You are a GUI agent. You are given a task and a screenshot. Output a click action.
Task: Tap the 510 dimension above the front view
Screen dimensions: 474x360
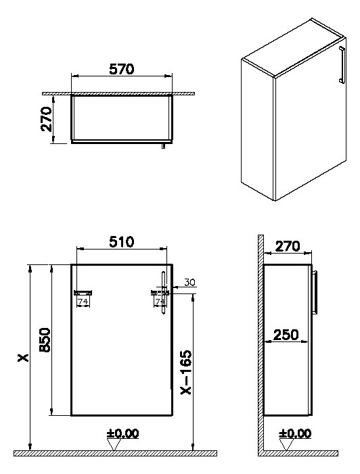point(122,241)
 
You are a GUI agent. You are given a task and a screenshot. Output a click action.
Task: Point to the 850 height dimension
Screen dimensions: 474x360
point(44,339)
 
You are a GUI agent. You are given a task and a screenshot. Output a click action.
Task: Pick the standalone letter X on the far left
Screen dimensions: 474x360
point(22,359)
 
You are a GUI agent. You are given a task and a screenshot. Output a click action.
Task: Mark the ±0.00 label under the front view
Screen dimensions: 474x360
point(122,433)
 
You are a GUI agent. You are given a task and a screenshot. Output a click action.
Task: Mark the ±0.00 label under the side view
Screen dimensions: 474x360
point(294,433)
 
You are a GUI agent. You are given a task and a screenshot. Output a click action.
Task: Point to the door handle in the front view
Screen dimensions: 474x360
point(164,284)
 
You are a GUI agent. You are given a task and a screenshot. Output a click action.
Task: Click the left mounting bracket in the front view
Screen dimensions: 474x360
point(85,292)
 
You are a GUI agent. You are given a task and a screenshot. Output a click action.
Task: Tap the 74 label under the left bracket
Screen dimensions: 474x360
point(84,302)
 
